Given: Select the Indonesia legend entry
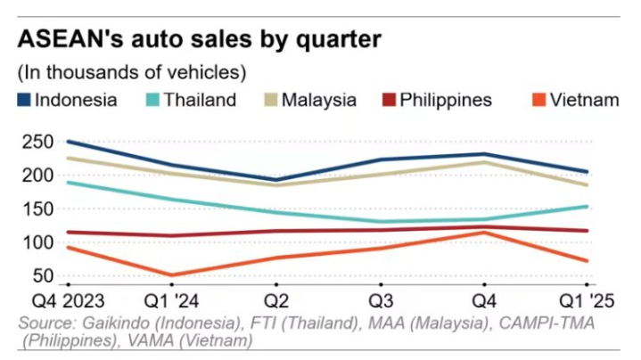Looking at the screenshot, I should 68,100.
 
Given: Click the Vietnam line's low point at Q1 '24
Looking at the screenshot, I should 169,275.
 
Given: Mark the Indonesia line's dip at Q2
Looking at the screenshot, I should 275,179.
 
